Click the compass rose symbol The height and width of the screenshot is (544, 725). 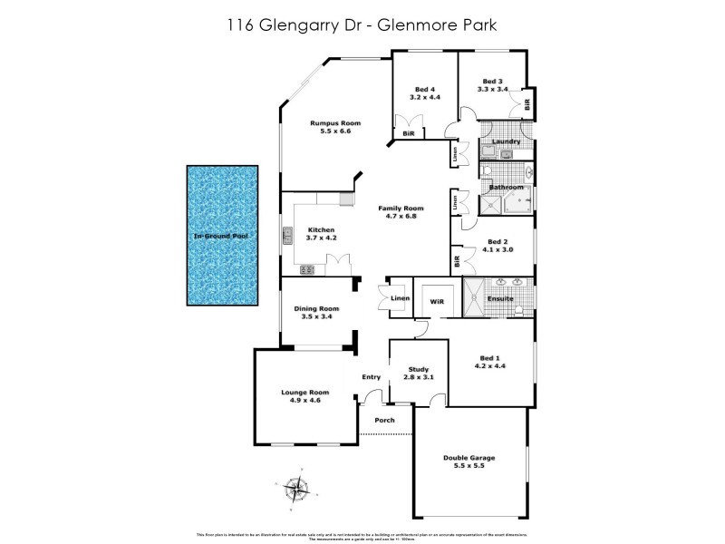295,490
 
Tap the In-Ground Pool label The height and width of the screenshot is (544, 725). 222,236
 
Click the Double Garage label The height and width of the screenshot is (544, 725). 469,458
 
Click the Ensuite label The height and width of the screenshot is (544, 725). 500,298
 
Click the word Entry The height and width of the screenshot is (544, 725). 372,377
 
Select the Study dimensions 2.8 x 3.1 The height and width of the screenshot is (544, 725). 418,377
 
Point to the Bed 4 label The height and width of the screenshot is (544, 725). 425,89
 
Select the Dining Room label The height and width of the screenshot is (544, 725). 316,308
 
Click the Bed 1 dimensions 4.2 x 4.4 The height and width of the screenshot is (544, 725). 490,367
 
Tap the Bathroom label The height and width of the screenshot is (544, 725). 507,188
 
